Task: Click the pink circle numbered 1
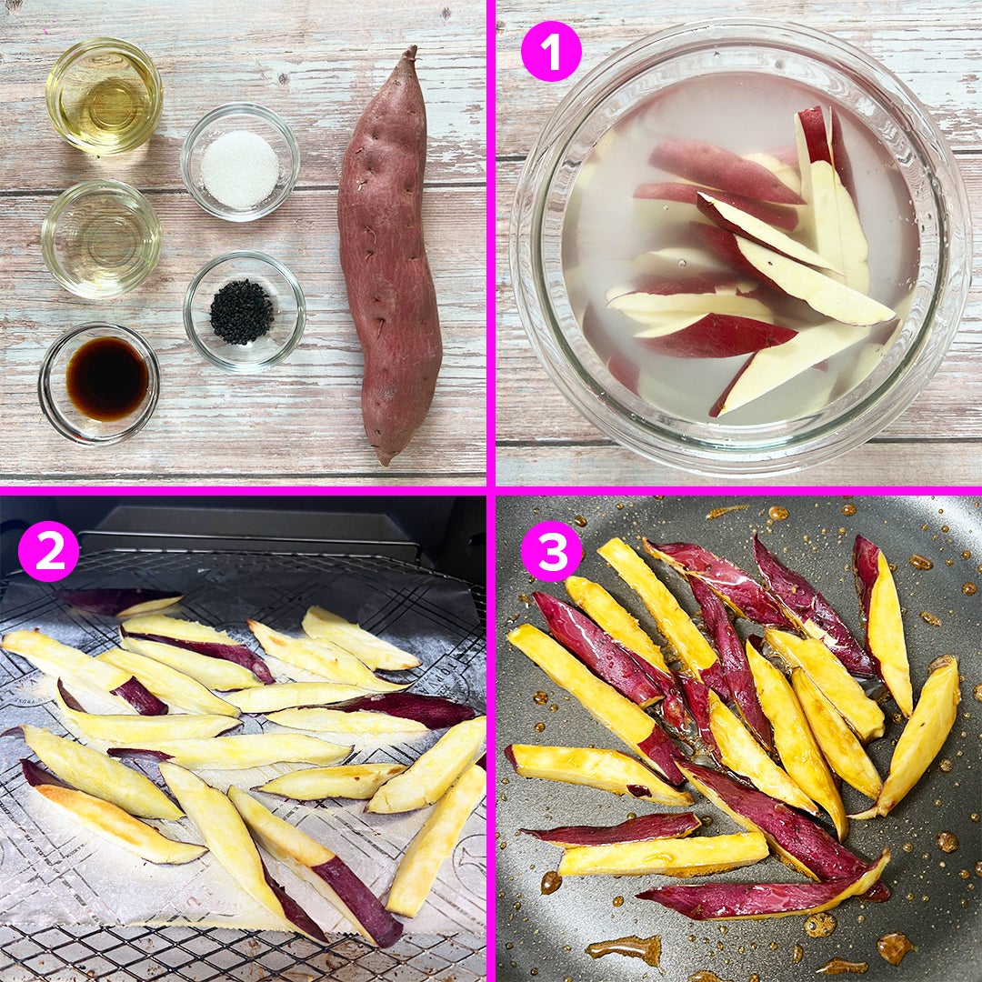coord(551,51)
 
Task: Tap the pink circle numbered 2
coord(48,551)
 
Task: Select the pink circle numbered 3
coord(551,551)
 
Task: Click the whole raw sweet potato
coord(389,256)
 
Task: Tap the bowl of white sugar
coord(240,162)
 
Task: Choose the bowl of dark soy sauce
coord(99,384)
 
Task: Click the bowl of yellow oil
coord(104,95)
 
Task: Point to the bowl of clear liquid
coord(102,239)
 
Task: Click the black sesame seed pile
coord(242,312)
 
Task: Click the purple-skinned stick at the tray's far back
coord(119,601)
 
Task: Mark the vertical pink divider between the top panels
coord(491,243)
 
